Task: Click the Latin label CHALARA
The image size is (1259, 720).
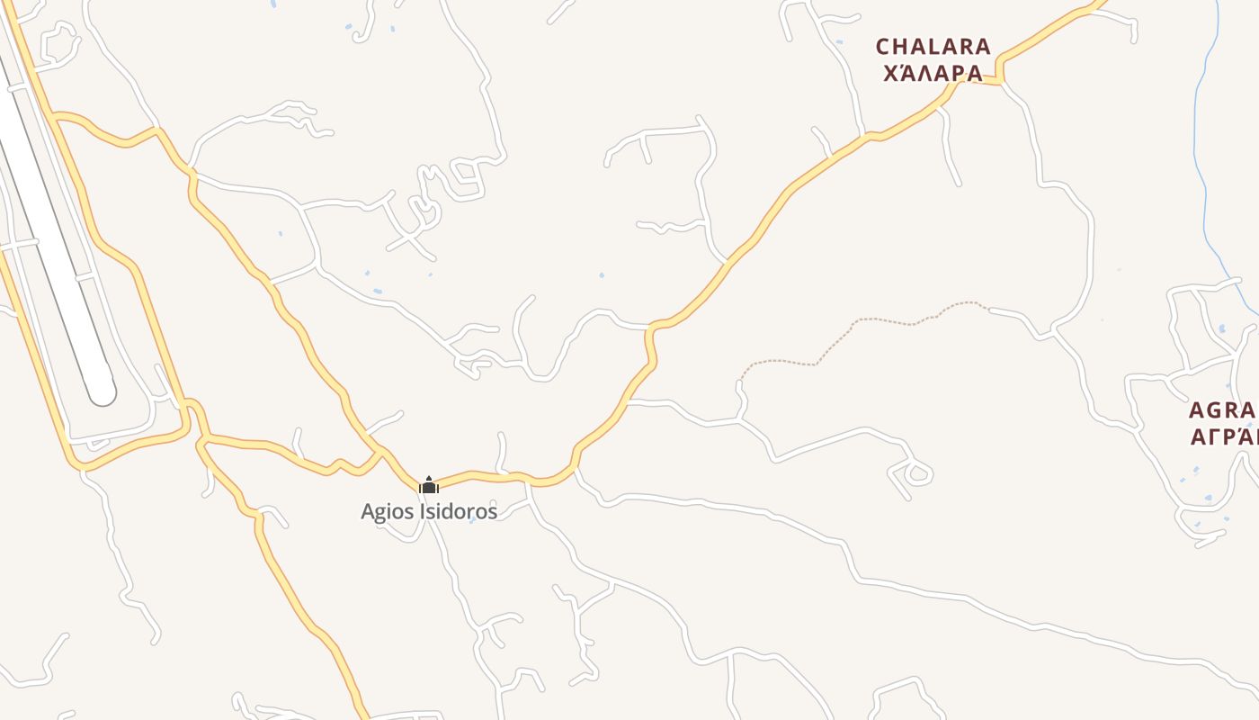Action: [x=933, y=47]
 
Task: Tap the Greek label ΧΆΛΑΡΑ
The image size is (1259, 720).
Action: [x=933, y=74]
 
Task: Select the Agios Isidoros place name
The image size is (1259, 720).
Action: [x=429, y=511]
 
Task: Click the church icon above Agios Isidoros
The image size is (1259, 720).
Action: [x=429, y=486]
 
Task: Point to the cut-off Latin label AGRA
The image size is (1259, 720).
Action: [x=1222, y=411]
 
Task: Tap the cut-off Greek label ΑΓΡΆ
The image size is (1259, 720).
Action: [x=1222, y=437]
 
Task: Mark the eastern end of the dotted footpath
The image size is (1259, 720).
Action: [x=987, y=309]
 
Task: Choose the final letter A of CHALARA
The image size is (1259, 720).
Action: [x=983, y=47]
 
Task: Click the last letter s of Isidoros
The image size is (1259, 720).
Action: [x=492, y=512]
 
